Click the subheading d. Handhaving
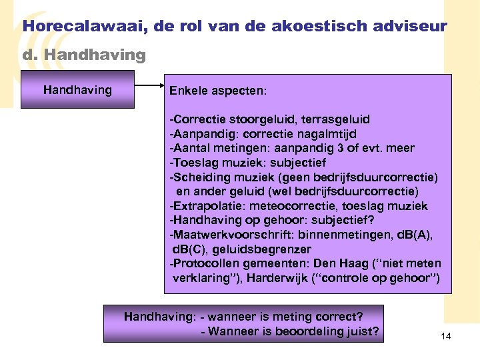(x=84, y=55)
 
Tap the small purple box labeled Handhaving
(x=77, y=90)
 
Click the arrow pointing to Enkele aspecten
(x=149, y=85)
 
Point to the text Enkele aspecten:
(x=218, y=91)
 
